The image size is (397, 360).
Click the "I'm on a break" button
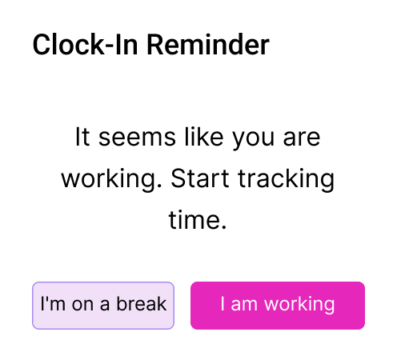point(103,306)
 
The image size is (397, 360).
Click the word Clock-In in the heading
point(86,45)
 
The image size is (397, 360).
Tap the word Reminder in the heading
point(208,45)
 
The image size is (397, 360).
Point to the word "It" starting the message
point(82,137)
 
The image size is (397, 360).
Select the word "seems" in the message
point(137,138)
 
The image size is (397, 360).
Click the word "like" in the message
point(204,137)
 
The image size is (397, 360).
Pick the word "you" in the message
point(253,141)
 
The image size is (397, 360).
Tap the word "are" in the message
point(302,138)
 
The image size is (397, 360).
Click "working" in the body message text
point(111,180)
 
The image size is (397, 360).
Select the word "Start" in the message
point(200,178)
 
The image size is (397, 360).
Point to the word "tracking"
point(286,180)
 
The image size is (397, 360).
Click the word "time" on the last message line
point(198,220)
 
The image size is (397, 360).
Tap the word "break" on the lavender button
point(142,304)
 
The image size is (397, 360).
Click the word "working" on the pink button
point(299,306)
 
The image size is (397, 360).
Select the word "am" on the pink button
point(244,305)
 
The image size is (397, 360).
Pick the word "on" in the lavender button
point(82,305)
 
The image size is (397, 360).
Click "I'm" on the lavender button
point(53,304)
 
